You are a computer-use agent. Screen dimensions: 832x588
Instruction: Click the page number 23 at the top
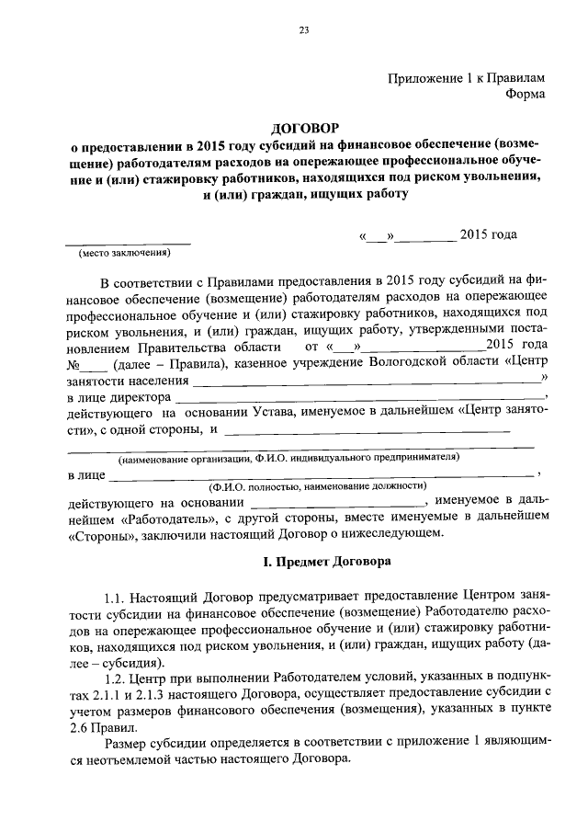(302, 32)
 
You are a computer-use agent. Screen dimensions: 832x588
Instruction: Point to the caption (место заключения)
(126, 252)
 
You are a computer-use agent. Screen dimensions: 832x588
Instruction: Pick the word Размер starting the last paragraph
(129, 744)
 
